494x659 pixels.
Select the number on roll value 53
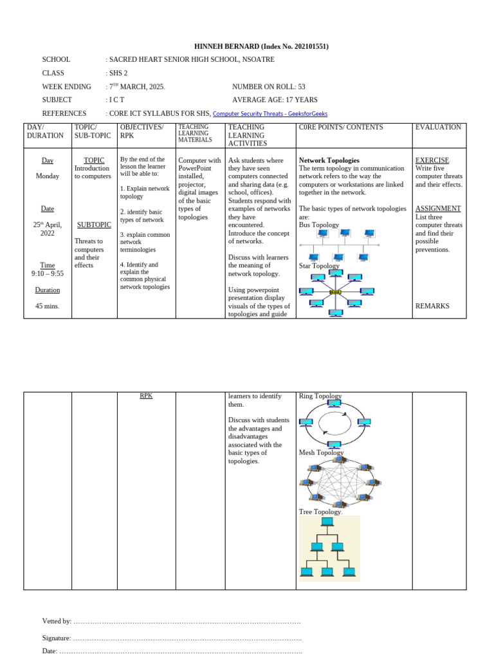point(301,86)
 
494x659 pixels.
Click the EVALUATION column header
point(438,127)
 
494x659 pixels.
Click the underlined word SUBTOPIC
point(94,225)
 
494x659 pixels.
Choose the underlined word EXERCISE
point(432,160)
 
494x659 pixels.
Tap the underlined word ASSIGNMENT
point(438,209)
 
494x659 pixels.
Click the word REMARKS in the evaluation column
point(432,306)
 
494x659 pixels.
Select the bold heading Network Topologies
point(329,160)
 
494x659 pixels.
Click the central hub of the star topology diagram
point(335,292)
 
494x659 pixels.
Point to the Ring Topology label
point(320,396)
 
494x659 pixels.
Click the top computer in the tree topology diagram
point(327,522)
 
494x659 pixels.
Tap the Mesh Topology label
point(322,452)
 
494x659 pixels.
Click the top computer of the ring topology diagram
point(334,404)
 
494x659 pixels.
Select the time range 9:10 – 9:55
point(48,274)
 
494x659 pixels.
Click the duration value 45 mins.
point(47,306)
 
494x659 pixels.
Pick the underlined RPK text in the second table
point(146,396)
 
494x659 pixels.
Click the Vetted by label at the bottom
point(57,621)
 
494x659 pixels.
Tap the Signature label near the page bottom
point(57,638)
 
